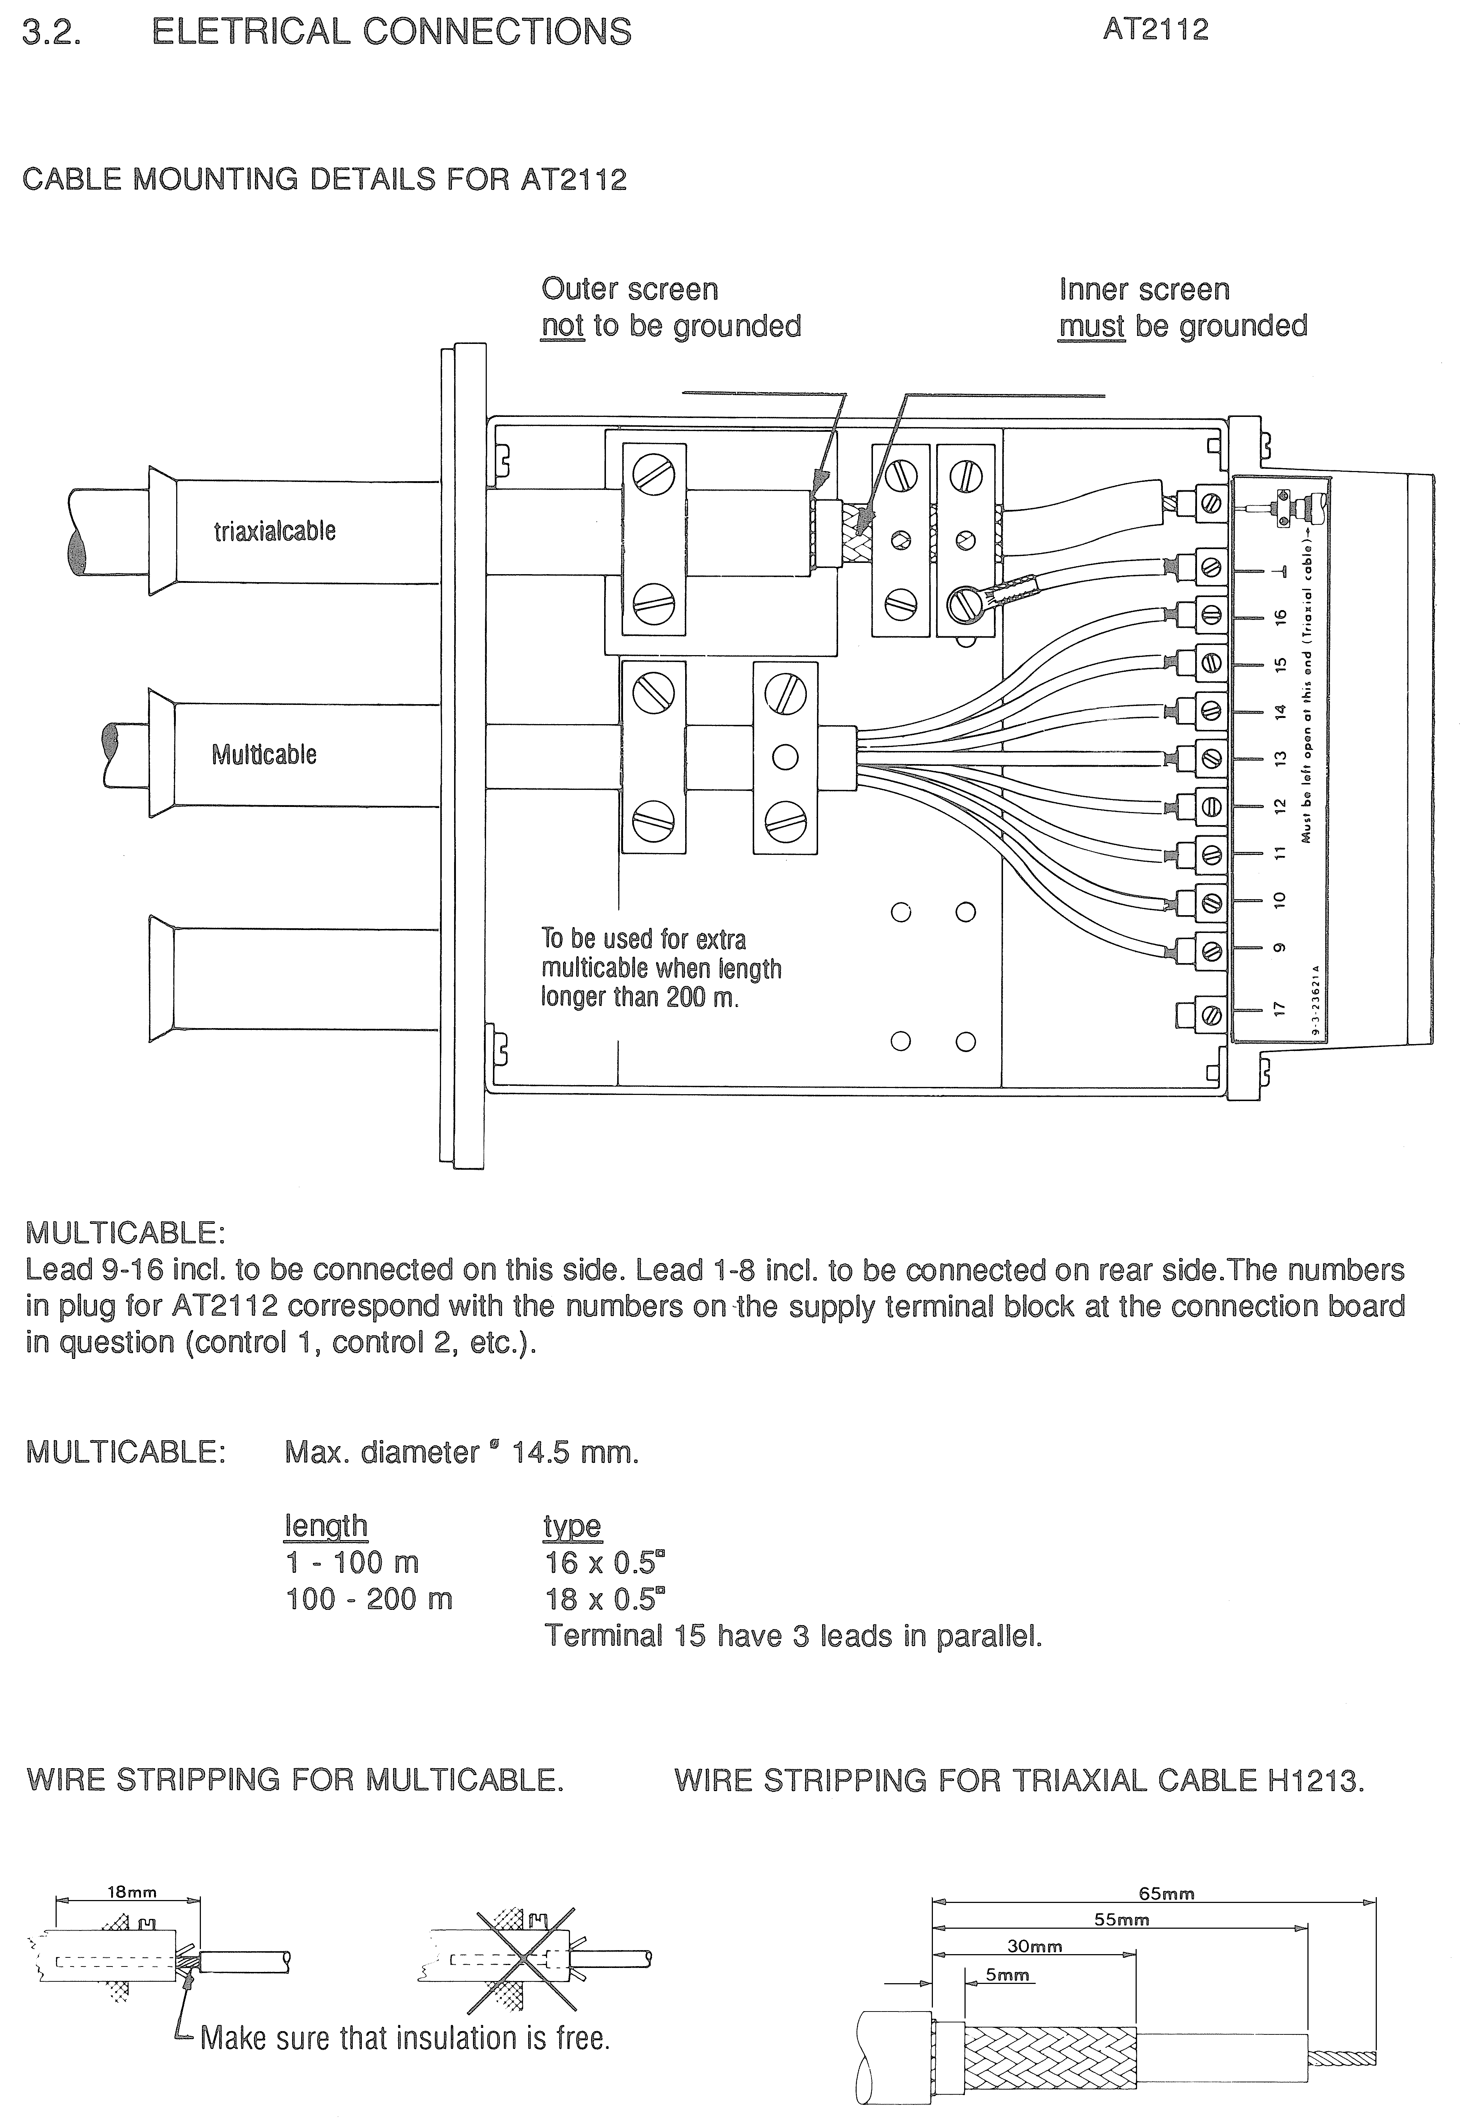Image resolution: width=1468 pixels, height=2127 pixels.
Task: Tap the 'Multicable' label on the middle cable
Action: pos(264,755)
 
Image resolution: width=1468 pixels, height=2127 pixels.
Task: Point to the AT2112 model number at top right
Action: pos(1155,31)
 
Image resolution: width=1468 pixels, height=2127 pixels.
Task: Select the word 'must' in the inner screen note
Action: pos(1092,326)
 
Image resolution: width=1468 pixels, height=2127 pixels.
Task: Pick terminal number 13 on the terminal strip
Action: pos(1278,759)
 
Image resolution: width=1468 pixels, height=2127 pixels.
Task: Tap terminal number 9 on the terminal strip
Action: pos(1278,948)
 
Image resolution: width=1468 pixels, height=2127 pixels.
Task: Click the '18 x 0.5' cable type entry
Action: pos(603,1599)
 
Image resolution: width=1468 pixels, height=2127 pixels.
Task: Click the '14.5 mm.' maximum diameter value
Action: pos(575,1453)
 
